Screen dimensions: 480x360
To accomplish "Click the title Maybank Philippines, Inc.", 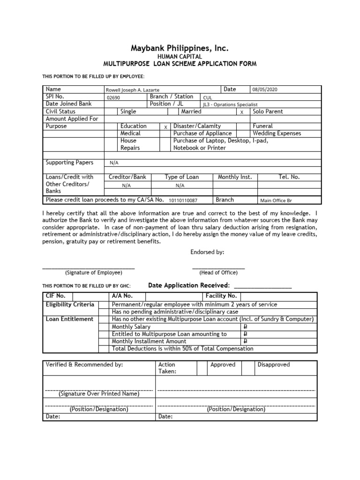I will click(x=180, y=48).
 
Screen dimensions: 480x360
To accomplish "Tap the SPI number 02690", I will click(x=113, y=97).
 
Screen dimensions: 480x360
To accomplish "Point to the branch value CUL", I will click(x=208, y=97).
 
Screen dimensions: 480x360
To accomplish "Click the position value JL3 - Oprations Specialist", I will click(x=230, y=105).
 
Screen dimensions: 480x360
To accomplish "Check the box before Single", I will click(x=111, y=112).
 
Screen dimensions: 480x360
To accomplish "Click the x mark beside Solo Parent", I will click(x=242, y=112).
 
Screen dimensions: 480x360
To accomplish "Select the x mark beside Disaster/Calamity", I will click(x=165, y=127).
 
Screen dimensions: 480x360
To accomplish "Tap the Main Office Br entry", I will click(x=277, y=201).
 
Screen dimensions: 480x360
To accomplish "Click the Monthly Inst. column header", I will click(x=235, y=177).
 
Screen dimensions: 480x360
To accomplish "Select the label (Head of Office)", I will click(x=218, y=272).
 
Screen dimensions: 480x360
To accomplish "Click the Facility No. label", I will click(x=221, y=296).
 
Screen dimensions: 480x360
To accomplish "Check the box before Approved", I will click(x=202, y=368).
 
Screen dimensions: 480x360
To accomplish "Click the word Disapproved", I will click(x=274, y=365).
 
